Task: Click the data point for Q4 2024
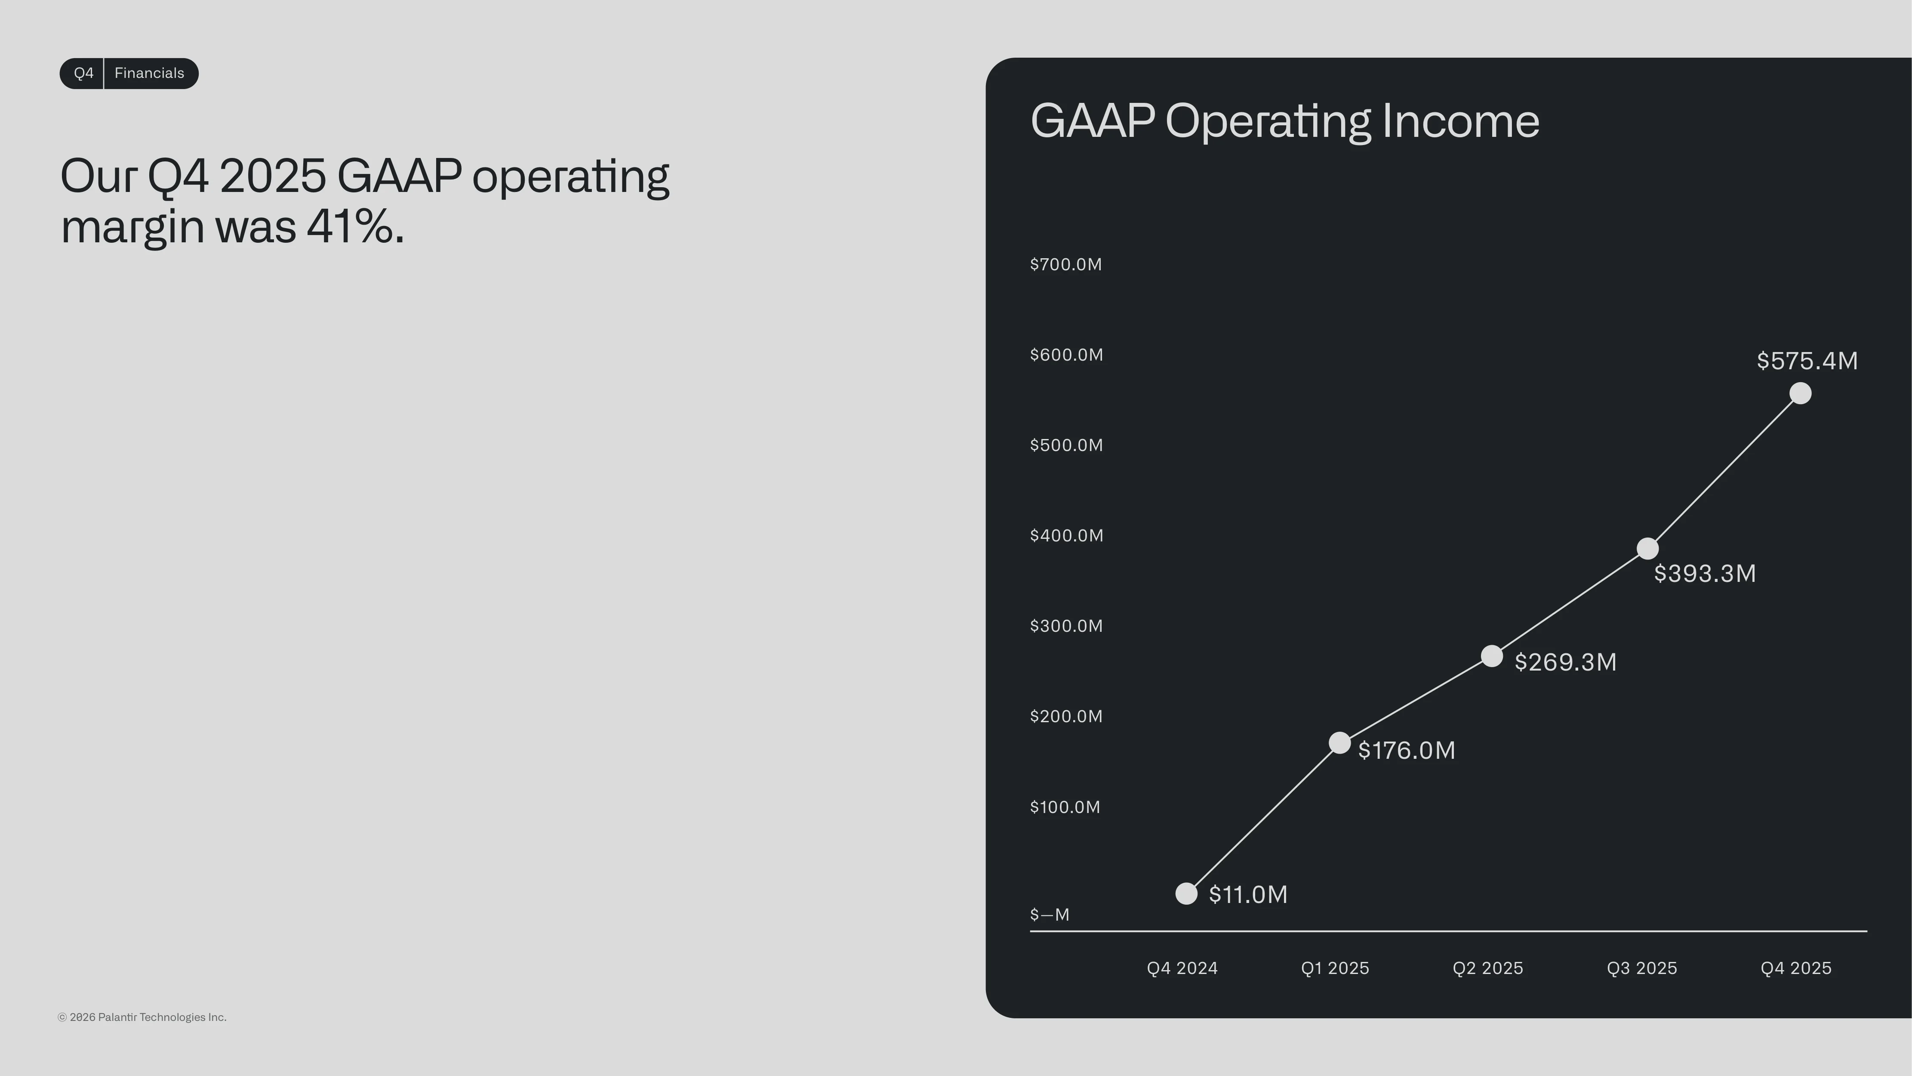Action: tap(1186, 894)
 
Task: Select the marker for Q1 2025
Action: tap(1339, 742)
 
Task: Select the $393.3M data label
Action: tap(1705, 573)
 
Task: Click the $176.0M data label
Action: tap(1407, 750)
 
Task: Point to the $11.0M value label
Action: tap(1248, 894)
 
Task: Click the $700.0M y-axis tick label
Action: tap(1066, 264)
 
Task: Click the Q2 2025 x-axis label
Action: tap(1487, 968)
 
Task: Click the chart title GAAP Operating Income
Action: tap(1285, 121)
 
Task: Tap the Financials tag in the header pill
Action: tap(149, 73)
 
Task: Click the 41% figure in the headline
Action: tap(350, 226)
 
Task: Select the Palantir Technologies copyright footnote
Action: tap(142, 1017)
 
